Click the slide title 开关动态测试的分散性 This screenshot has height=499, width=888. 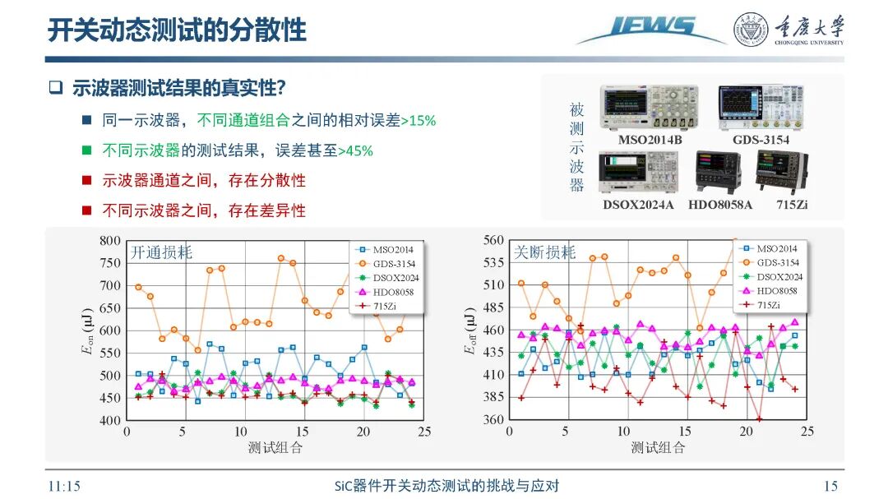point(176,30)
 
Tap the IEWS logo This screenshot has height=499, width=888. point(650,29)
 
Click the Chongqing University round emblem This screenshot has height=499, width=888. point(750,29)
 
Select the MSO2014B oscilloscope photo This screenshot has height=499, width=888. point(641,106)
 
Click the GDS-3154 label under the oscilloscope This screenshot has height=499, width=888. point(761,140)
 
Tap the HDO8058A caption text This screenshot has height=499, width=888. point(719,204)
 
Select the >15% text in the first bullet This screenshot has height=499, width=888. point(418,121)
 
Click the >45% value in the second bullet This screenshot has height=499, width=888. point(355,151)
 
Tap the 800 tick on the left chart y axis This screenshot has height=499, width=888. point(110,241)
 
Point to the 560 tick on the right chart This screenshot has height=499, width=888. point(493,240)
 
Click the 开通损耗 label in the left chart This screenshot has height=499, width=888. point(161,252)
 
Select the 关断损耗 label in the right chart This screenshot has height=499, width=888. point(544,252)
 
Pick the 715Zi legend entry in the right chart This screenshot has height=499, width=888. point(768,304)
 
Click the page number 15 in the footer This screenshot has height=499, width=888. point(830,486)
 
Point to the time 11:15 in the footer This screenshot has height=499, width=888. point(65,486)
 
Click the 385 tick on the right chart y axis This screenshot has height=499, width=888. point(493,397)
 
